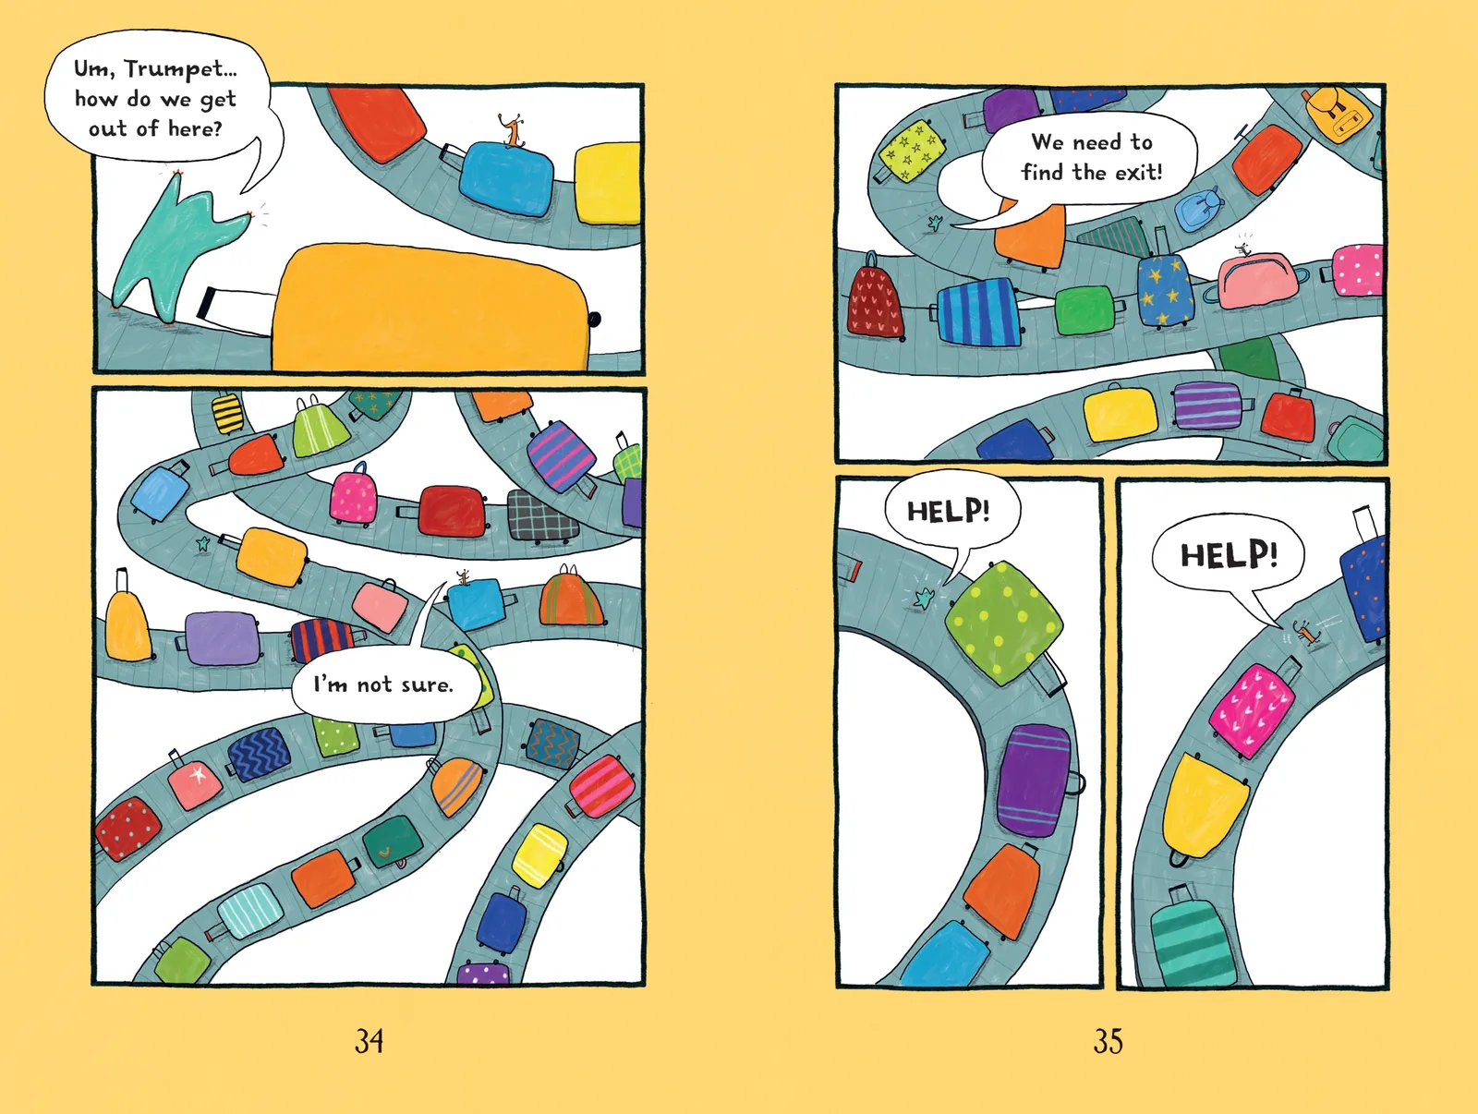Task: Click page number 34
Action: click(369, 1041)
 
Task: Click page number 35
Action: click(1108, 1041)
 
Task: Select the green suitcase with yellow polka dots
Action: click(1003, 624)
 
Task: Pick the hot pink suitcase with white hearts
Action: click(1252, 711)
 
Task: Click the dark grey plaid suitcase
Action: click(540, 515)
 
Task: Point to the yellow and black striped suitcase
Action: click(227, 412)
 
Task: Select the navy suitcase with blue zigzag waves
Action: click(260, 754)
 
